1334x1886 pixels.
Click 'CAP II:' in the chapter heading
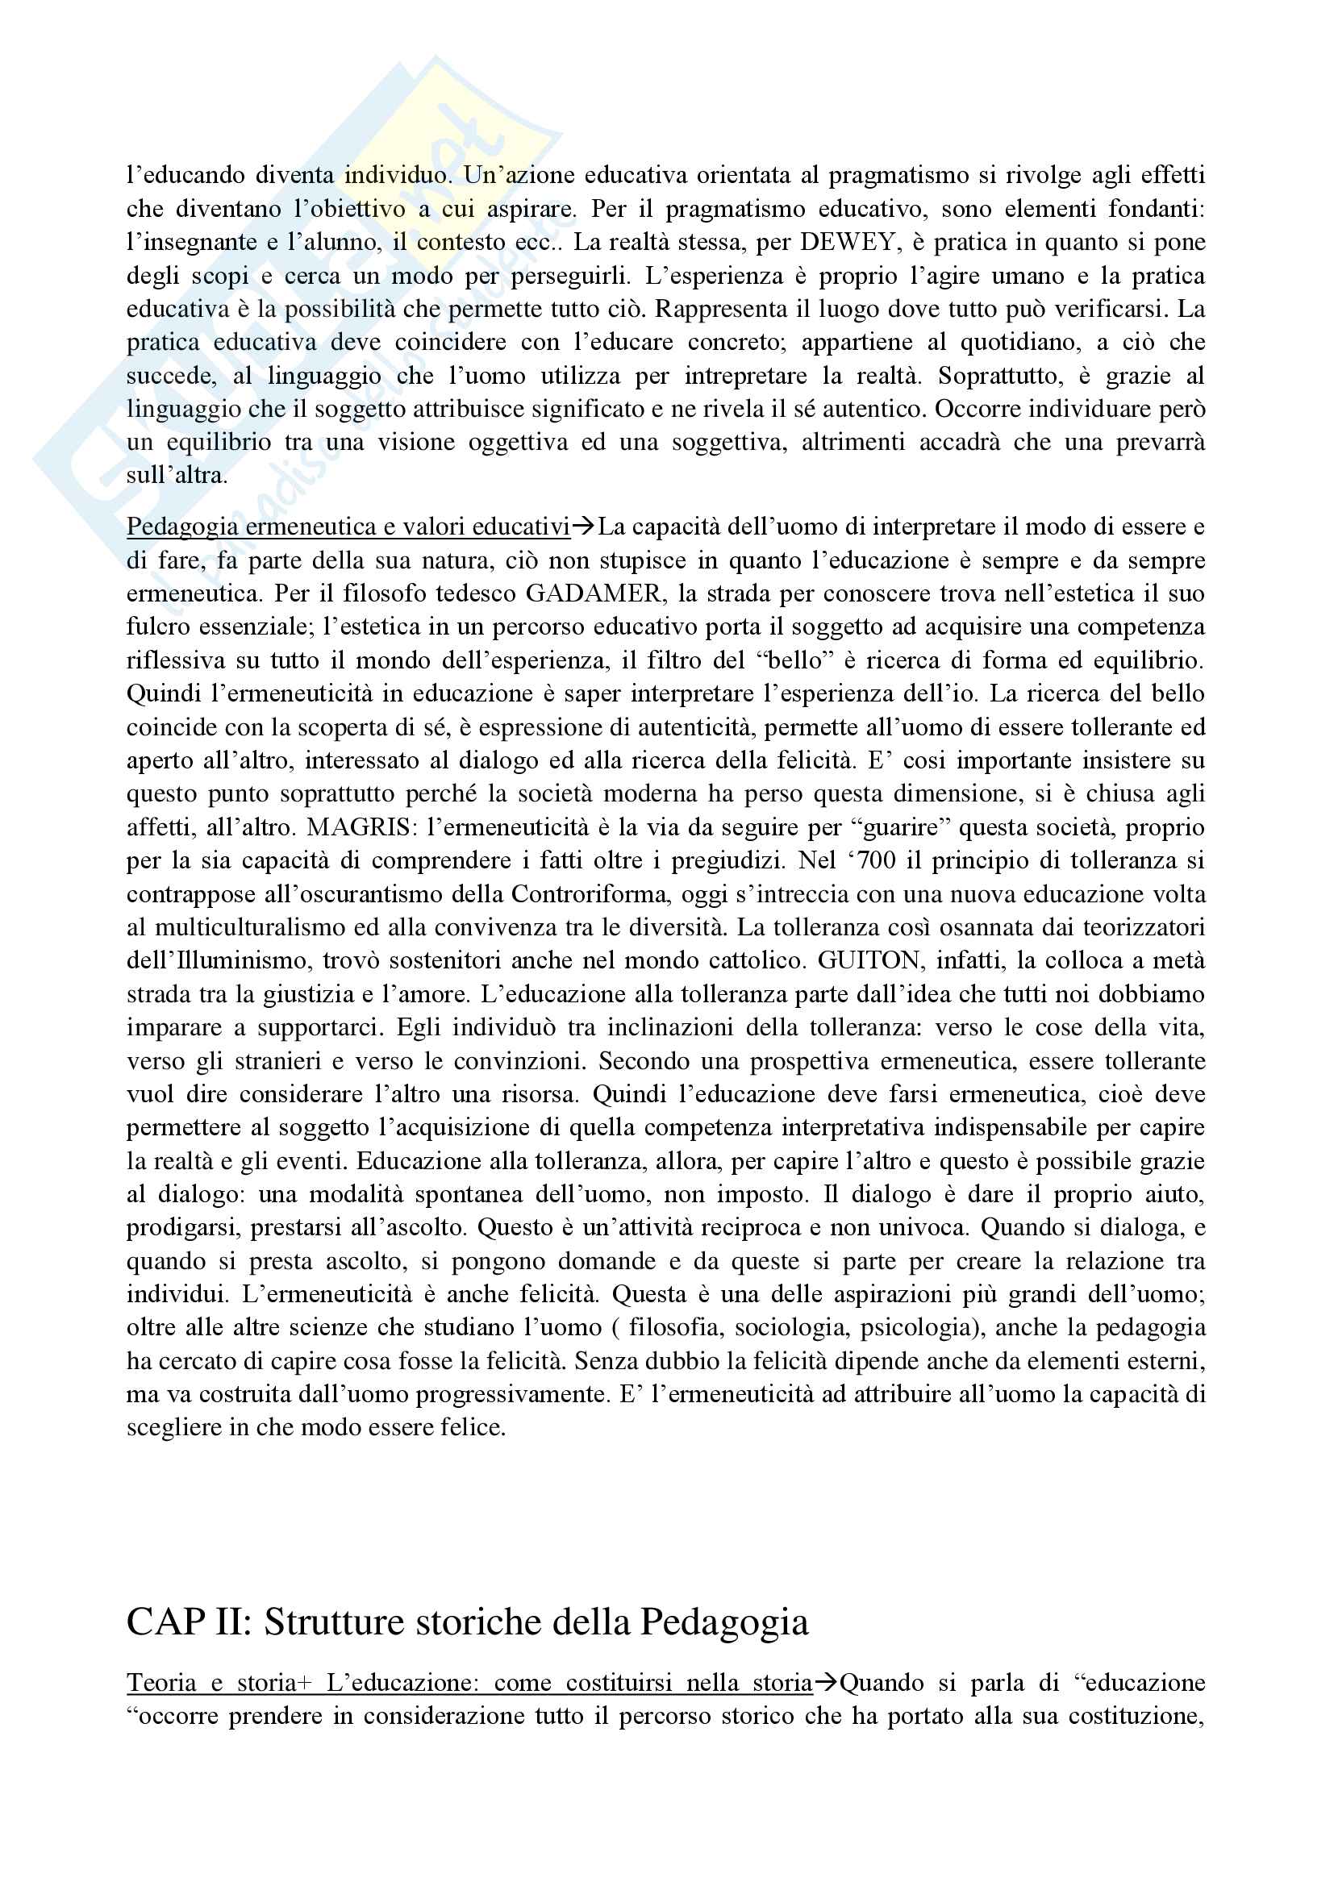tap(189, 1622)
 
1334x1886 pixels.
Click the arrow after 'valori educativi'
tap(584, 527)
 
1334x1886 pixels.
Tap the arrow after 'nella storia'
tap(827, 1683)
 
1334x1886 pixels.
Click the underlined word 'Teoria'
tap(162, 1683)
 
